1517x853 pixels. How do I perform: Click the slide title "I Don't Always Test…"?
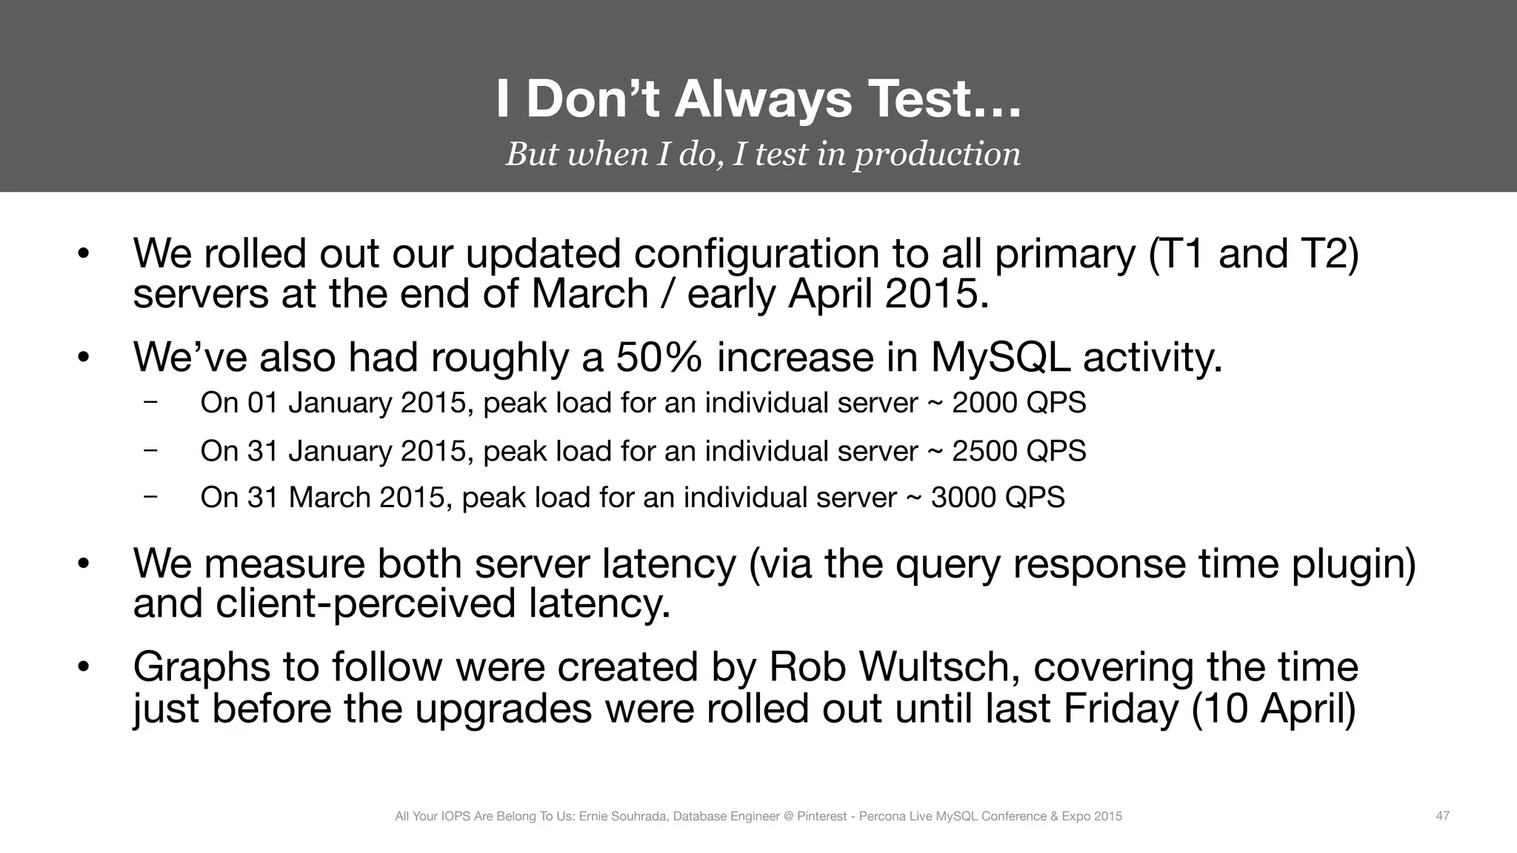758,100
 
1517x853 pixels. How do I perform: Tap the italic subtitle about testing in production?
763,154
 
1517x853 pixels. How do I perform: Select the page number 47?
1442,816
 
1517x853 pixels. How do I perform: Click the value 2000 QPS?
1018,403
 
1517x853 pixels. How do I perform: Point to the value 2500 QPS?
1018,451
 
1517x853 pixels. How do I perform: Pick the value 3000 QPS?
997,498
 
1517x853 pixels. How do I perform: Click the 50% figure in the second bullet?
659,358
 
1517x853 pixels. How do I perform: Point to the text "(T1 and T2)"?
1253,254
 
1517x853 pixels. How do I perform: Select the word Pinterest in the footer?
821,817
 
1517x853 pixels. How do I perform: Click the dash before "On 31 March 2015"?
151,497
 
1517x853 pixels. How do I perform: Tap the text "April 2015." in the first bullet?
889,295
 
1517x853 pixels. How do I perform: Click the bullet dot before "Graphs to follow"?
83,669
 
